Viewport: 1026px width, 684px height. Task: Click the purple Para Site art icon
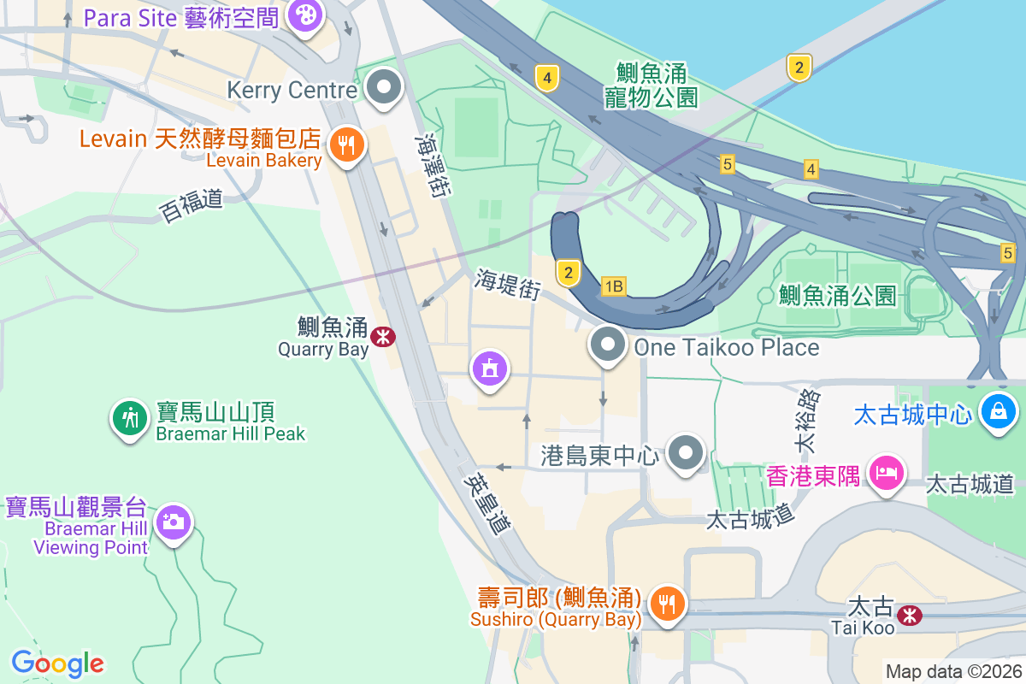tap(304, 15)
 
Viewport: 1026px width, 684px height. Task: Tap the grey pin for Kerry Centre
tap(384, 87)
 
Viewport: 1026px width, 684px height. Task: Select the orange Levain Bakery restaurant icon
tap(345, 144)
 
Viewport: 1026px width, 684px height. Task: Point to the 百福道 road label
tap(191, 206)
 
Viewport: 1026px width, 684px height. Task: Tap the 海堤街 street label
tap(508, 283)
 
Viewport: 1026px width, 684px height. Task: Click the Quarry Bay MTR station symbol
tap(382, 337)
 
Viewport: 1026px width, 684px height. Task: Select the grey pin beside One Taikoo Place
tap(608, 345)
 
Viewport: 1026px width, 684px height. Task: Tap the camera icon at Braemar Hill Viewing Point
tap(174, 521)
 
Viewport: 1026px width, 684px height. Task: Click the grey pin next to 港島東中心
tap(686, 453)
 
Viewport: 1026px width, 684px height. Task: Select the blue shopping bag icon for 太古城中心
tap(997, 411)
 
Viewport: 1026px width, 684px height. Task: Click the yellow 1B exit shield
tap(613, 286)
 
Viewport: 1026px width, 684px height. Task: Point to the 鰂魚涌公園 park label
tap(837, 296)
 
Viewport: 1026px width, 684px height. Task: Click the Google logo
tap(58, 663)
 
